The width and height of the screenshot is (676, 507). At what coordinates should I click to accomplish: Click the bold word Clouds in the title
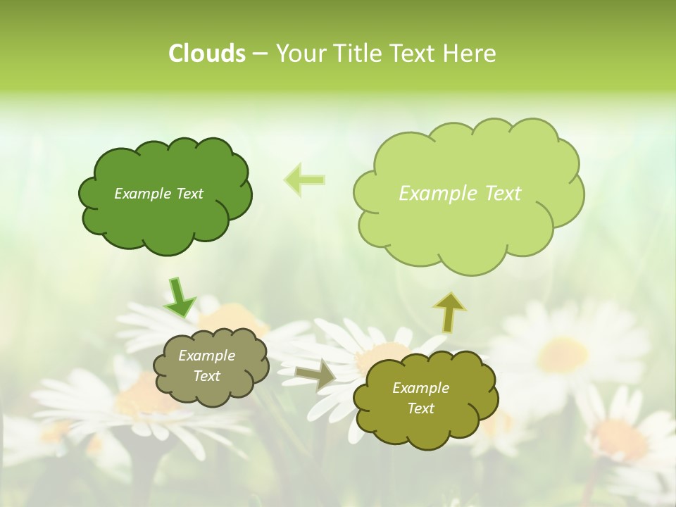tap(206, 54)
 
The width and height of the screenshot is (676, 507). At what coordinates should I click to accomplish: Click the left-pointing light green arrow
tap(305, 180)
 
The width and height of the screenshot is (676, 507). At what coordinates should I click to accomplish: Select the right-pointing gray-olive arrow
tap(315, 376)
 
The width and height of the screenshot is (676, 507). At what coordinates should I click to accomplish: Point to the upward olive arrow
tap(449, 311)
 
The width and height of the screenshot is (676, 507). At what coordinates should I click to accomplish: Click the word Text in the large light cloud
tap(499, 194)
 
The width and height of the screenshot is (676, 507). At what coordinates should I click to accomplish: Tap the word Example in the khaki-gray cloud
tap(206, 356)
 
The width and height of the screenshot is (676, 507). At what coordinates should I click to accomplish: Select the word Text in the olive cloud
tap(420, 408)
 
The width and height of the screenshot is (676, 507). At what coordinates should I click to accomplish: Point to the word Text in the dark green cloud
tap(189, 194)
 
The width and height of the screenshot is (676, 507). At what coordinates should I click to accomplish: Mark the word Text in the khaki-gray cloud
tap(206, 376)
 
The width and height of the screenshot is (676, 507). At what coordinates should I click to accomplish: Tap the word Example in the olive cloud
tap(420, 388)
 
